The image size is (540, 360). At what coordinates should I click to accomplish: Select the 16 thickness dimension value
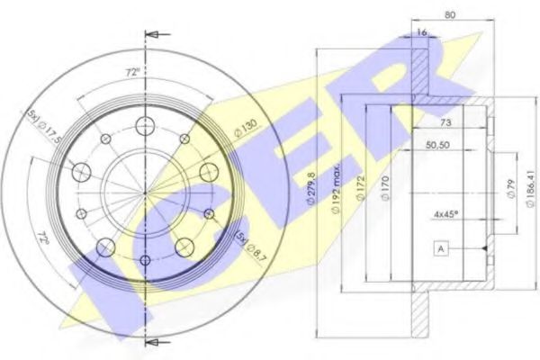click(x=419, y=32)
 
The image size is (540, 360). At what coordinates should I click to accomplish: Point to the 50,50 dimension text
click(x=438, y=144)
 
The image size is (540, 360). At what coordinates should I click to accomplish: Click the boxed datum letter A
click(x=440, y=248)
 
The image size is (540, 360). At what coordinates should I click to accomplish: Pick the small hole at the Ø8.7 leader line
click(x=210, y=213)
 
